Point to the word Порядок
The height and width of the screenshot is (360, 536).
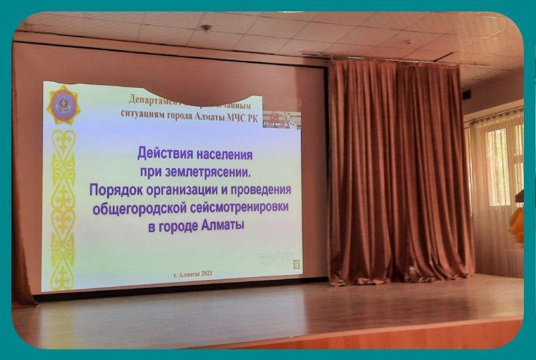115,191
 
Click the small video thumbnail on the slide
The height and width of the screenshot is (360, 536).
282,118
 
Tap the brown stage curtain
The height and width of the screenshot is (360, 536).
393,171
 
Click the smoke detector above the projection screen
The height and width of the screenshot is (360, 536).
206,28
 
